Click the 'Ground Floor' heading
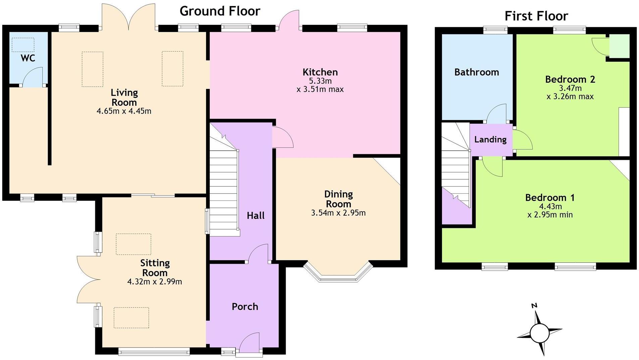click(220, 11)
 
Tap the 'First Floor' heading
click(536, 16)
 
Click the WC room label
click(28, 58)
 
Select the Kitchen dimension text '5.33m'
click(320, 81)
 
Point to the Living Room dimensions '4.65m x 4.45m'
click(124, 111)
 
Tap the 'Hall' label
click(256, 216)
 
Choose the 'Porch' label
click(245, 307)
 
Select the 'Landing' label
click(490, 139)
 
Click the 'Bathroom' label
click(477, 72)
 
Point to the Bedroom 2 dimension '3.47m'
click(570, 88)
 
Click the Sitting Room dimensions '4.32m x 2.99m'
click(155, 282)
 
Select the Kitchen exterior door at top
click(288, 20)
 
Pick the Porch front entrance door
click(249, 343)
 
